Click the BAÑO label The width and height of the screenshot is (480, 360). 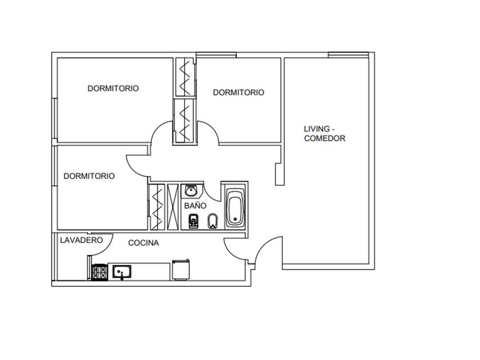tap(195, 205)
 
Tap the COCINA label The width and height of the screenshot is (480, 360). tap(143, 243)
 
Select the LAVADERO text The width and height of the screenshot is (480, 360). tap(81, 240)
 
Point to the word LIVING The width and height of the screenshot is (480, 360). tap(317, 129)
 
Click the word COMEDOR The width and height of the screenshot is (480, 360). tap(325, 138)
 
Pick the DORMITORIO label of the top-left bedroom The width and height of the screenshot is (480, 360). tap(113, 88)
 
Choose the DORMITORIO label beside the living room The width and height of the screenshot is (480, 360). tap(238, 92)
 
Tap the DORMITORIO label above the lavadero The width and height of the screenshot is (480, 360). tap(89, 176)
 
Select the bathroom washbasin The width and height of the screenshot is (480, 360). tap(191, 191)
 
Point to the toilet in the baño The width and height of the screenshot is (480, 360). tap(193, 221)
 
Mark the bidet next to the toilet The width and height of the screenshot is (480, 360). tap(213, 221)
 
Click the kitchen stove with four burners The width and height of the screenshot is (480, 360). tap(100, 272)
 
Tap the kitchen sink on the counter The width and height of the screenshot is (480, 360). tap(122, 271)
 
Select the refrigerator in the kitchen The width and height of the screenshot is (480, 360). tap(181, 269)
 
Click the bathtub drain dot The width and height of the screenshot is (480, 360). tap(235, 219)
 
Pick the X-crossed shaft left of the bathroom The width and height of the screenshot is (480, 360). tap(173, 207)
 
